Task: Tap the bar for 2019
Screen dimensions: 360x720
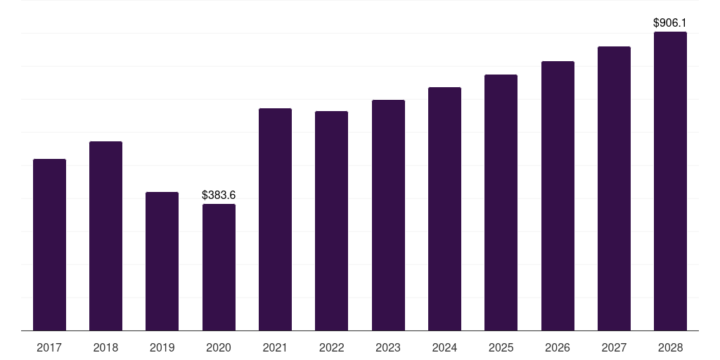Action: (162, 261)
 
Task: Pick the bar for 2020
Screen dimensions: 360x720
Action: (219, 267)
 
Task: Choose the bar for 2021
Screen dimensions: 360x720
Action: (275, 219)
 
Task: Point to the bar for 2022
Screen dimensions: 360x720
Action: (331, 221)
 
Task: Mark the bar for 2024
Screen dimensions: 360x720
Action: (444, 209)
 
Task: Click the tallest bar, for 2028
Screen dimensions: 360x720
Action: (670, 181)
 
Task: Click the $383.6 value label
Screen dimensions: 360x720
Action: (219, 195)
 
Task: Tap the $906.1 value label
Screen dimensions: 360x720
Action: (670, 23)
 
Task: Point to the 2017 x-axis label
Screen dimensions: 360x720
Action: (49, 347)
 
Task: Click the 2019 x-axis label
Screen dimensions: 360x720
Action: (162, 347)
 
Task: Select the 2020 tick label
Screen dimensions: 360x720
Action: (219, 347)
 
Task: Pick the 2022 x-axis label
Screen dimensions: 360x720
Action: (331, 347)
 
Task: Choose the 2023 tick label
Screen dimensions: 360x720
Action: (388, 347)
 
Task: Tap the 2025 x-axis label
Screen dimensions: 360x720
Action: (501, 347)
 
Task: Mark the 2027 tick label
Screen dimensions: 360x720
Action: (614, 347)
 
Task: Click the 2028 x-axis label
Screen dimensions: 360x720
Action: (670, 347)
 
